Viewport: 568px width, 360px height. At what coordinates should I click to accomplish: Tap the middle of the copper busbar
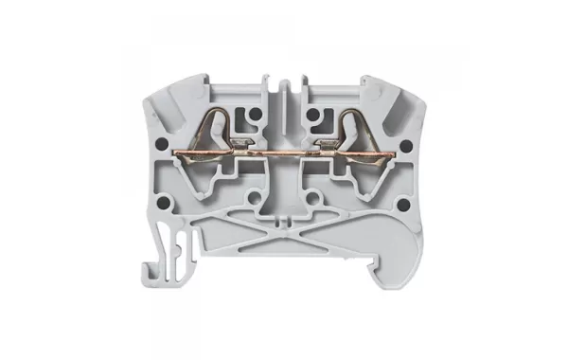point(283,149)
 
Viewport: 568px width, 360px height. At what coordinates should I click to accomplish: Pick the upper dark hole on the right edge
point(404,146)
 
